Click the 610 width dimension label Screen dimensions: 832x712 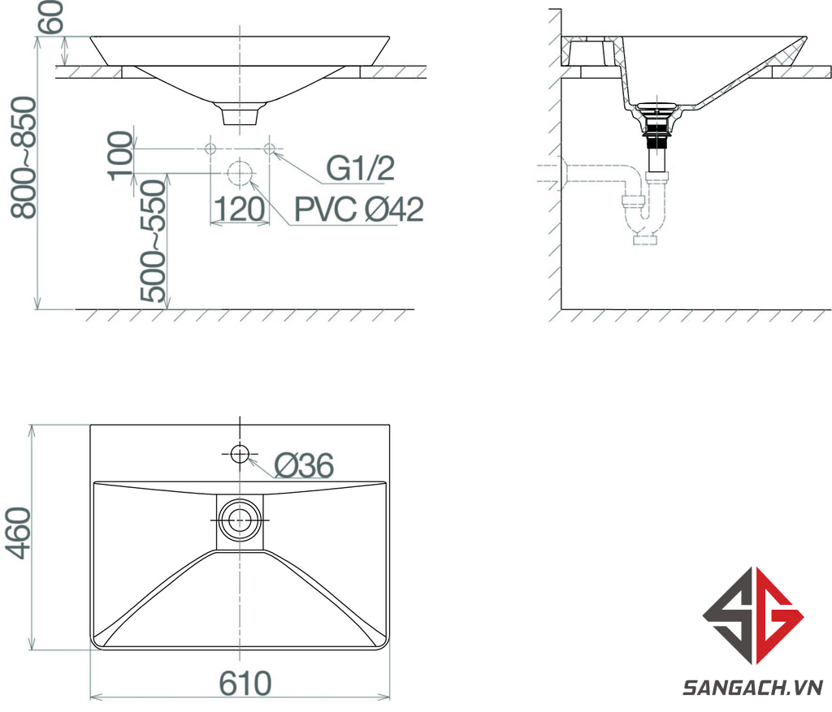click(x=245, y=684)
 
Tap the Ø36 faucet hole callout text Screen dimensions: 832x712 click(x=304, y=465)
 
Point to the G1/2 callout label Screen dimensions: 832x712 click(x=360, y=169)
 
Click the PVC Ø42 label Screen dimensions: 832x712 click(x=359, y=209)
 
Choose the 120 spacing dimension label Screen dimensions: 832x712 click(x=240, y=209)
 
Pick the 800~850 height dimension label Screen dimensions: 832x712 click(x=24, y=158)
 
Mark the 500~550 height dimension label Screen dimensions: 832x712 click(x=154, y=241)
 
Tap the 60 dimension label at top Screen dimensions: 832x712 click(x=52, y=18)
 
